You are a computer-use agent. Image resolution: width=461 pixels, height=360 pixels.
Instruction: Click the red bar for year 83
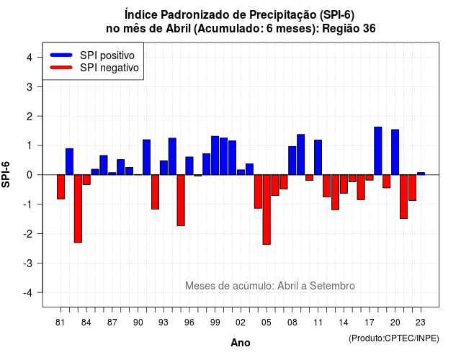point(78,209)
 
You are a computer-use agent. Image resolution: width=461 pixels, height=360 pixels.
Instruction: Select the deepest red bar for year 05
point(267,210)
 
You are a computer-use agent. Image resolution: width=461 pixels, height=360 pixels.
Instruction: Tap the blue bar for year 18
point(378,150)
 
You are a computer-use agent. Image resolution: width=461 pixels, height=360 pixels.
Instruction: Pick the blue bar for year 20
point(395,152)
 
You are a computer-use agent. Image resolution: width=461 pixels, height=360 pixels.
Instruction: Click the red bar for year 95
point(181,200)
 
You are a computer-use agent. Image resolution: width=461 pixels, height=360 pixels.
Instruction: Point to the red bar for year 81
point(61,187)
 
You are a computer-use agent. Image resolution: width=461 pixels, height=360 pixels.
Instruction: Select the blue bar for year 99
point(215,156)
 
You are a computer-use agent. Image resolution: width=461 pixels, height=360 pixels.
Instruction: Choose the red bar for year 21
point(403,197)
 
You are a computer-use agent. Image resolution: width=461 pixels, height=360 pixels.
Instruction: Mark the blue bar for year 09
point(301,155)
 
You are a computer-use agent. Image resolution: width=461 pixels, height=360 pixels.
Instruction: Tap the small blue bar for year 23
point(421,174)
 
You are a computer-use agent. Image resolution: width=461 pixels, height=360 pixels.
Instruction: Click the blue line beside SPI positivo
point(61,55)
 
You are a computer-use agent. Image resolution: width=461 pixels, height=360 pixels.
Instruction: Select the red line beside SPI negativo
point(61,68)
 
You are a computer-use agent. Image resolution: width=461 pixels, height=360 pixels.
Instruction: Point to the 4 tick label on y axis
point(30,58)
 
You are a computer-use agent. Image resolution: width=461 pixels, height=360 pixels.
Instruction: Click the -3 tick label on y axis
point(27,263)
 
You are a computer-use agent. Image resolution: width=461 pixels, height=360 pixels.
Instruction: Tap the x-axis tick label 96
point(189,323)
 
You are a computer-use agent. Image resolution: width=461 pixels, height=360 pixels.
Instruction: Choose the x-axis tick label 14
point(344,323)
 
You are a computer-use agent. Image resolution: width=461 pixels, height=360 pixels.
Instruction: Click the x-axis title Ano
point(241,343)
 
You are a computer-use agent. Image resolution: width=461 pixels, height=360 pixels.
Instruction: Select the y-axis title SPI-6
point(6,174)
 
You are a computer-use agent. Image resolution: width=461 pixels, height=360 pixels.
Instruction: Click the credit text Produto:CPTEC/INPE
point(394,338)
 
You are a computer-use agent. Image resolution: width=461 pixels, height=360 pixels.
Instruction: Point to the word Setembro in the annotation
point(332,286)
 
